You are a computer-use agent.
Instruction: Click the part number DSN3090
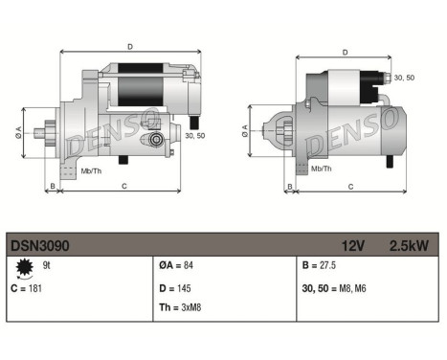40,246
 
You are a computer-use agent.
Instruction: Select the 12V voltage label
353,246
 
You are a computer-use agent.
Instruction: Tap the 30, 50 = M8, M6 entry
334,288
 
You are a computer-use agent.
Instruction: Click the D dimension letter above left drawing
130,45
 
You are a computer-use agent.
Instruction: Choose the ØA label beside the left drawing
18,131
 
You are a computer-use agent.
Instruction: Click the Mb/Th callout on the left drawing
90,171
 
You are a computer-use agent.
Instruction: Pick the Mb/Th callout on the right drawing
322,168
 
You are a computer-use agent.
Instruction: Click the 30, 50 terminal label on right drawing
406,78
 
